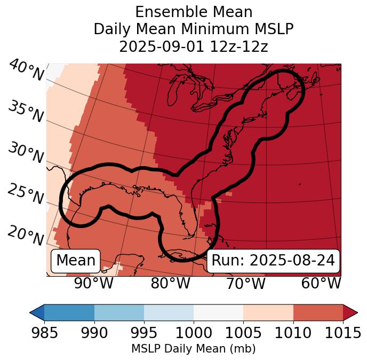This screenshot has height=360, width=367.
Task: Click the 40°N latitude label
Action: [26, 71]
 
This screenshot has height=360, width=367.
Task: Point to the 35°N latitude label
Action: [26, 112]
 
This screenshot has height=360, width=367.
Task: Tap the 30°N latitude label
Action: [26, 153]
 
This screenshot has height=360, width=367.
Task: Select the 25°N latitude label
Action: [26, 194]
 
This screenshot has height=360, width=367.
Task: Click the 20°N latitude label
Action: [26, 235]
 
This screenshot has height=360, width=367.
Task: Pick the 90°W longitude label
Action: [94, 284]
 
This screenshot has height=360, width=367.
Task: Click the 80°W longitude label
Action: [171, 284]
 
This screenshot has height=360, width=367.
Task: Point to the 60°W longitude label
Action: [321, 284]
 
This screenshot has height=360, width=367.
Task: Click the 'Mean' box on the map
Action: [76, 261]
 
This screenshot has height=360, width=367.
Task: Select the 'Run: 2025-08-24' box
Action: [273, 261]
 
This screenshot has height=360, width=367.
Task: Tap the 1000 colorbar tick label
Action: [194, 333]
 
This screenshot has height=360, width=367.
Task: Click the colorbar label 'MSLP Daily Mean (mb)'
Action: [194, 349]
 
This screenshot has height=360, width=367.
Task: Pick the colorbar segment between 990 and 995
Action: [119, 312]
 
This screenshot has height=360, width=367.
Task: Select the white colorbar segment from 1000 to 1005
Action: [218, 312]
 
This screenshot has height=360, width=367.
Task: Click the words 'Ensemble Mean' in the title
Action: [194, 12]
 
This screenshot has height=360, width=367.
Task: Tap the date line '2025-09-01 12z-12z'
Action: [194, 47]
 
